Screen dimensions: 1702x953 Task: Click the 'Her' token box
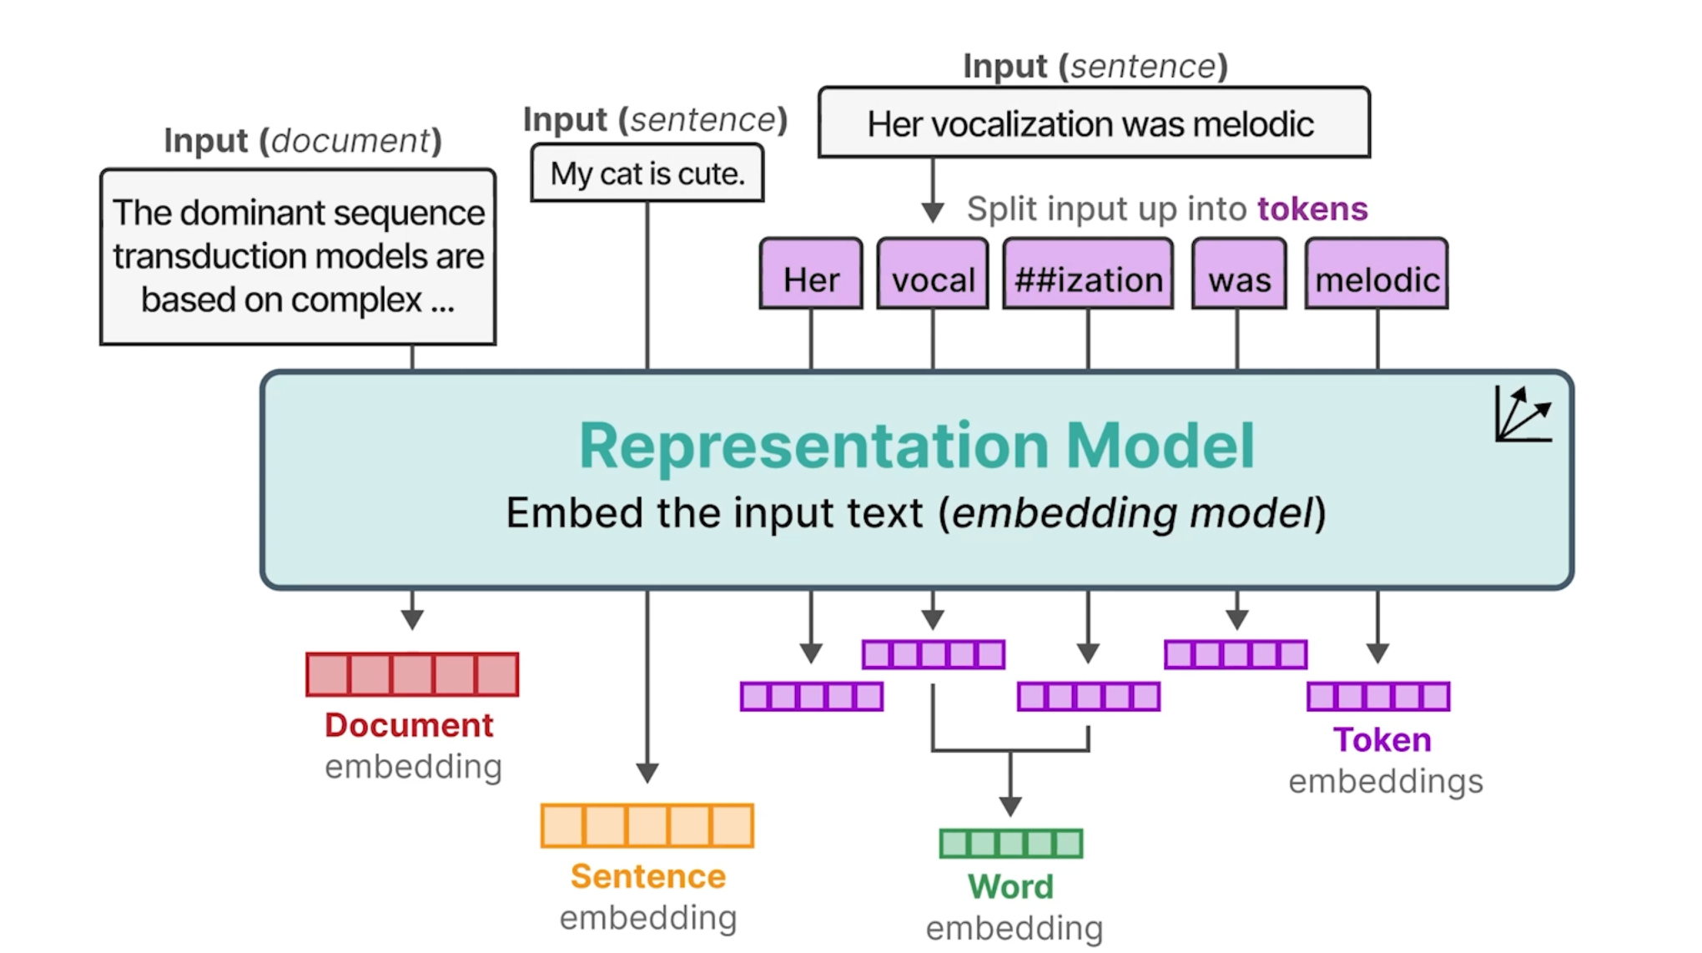pyautogui.click(x=811, y=274)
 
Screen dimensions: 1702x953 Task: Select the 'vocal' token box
pyautogui.click(x=933, y=274)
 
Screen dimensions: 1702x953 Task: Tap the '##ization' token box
pyautogui.click(x=1088, y=274)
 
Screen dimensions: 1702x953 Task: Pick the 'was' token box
pyautogui.click(x=1239, y=274)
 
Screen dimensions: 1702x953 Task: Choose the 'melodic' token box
pyautogui.click(x=1377, y=274)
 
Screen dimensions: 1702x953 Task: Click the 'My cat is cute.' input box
pyautogui.click(x=647, y=173)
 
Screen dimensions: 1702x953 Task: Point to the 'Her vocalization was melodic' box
pyautogui.click(x=1094, y=123)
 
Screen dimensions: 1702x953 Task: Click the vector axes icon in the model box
pyautogui.click(x=1523, y=414)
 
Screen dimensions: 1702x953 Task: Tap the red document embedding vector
pyautogui.click(x=412, y=674)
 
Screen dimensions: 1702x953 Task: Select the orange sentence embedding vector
pyautogui.click(x=647, y=825)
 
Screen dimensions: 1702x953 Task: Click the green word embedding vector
pyautogui.click(x=1011, y=844)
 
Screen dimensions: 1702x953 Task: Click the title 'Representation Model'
pyautogui.click(x=917, y=446)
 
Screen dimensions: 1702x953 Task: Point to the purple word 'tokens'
pyautogui.click(x=1312, y=209)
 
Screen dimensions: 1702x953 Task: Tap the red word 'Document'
pyautogui.click(x=409, y=724)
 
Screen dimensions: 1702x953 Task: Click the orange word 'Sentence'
pyautogui.click(x=648, y=876)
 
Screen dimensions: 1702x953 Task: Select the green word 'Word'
pyautogui.click(x=1010, y=886)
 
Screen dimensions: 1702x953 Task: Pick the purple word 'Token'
pyautogui.click(x=1382, y=739)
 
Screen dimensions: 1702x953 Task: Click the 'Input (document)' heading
pyautogui.click(x=303, y=140)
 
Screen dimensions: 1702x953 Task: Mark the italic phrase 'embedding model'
pyautogui.click(x=1132, y=512)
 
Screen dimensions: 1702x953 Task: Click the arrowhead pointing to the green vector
pyautogui.click(x=1010, y=806)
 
